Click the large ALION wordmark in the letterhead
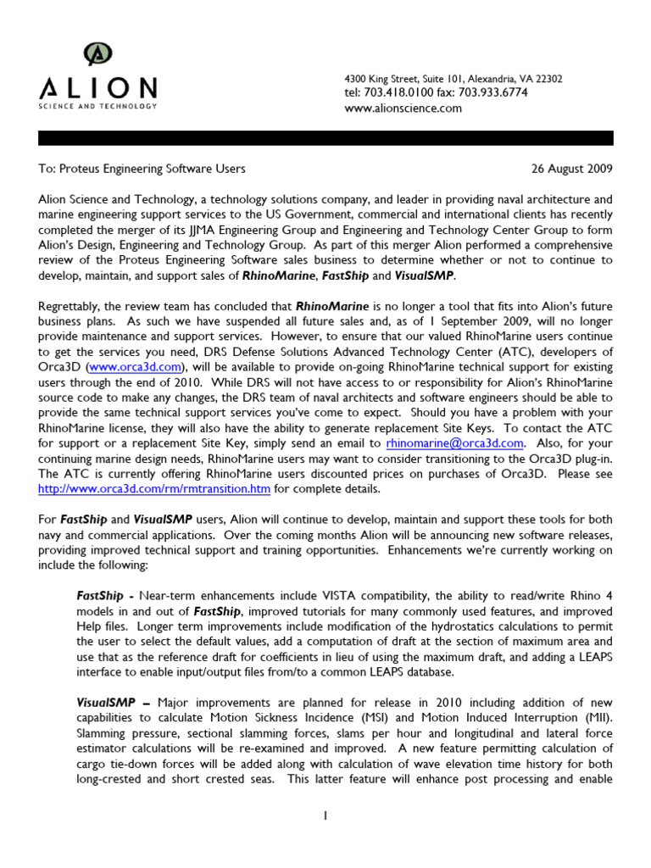[x=97, y=88]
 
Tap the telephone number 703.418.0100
[x=398, y=92]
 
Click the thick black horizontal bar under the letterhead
[x=325, y=137]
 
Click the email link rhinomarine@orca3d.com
[x=454, y=442]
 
